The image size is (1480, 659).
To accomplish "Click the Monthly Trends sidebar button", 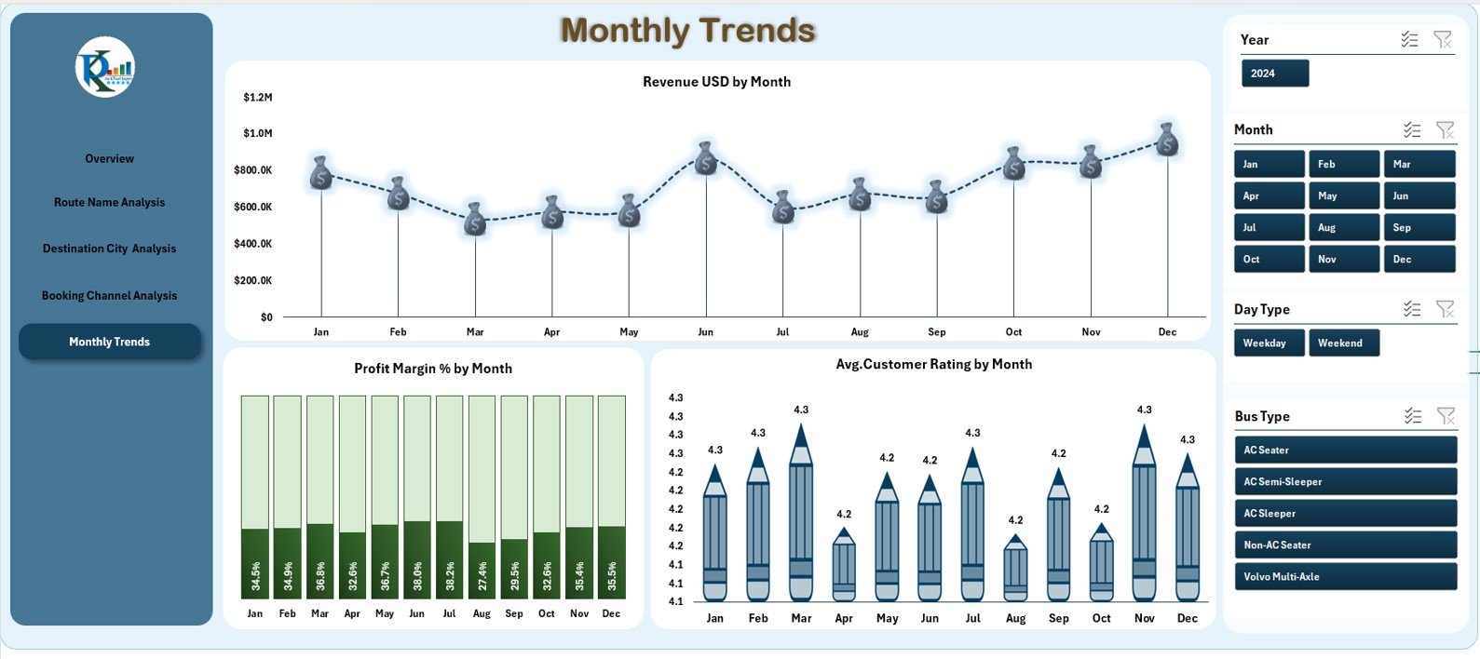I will click(x=109, y=342).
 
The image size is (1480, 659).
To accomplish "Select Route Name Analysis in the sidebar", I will click(x=109, y=202).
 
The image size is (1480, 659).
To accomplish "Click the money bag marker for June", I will click(x=706, y=159).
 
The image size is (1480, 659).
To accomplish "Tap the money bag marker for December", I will click(x=1167, y=141).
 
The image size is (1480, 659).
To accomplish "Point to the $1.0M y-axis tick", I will click(x=257, y=133).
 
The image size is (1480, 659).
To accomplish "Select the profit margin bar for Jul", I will click(x=449, y=558).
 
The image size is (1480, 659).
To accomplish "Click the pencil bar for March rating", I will click(x=801, y=521).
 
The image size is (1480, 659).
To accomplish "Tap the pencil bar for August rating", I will click(x=1015, y=570).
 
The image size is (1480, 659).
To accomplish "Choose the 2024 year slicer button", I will click(x=1274, y=74).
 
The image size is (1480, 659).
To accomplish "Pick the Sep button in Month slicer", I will click(x=1419, y=227).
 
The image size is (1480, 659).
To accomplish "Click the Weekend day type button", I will click(x=1343, y=343).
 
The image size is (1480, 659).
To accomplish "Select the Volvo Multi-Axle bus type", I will click(x=1345, y=576).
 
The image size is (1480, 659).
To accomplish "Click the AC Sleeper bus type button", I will click(x=1345, y=513).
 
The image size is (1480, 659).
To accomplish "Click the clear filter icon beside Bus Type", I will click(x=1446, y=416).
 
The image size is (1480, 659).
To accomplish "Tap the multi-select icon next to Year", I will click(x=1409, y=39).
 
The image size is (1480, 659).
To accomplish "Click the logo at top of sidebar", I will click(x=105, y=67).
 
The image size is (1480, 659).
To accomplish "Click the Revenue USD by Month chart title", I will click(x=716, y=82).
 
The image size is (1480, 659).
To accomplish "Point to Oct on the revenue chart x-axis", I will click(x=1013, y=332).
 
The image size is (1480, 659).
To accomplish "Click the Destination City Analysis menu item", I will click(x=109, y=249).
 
